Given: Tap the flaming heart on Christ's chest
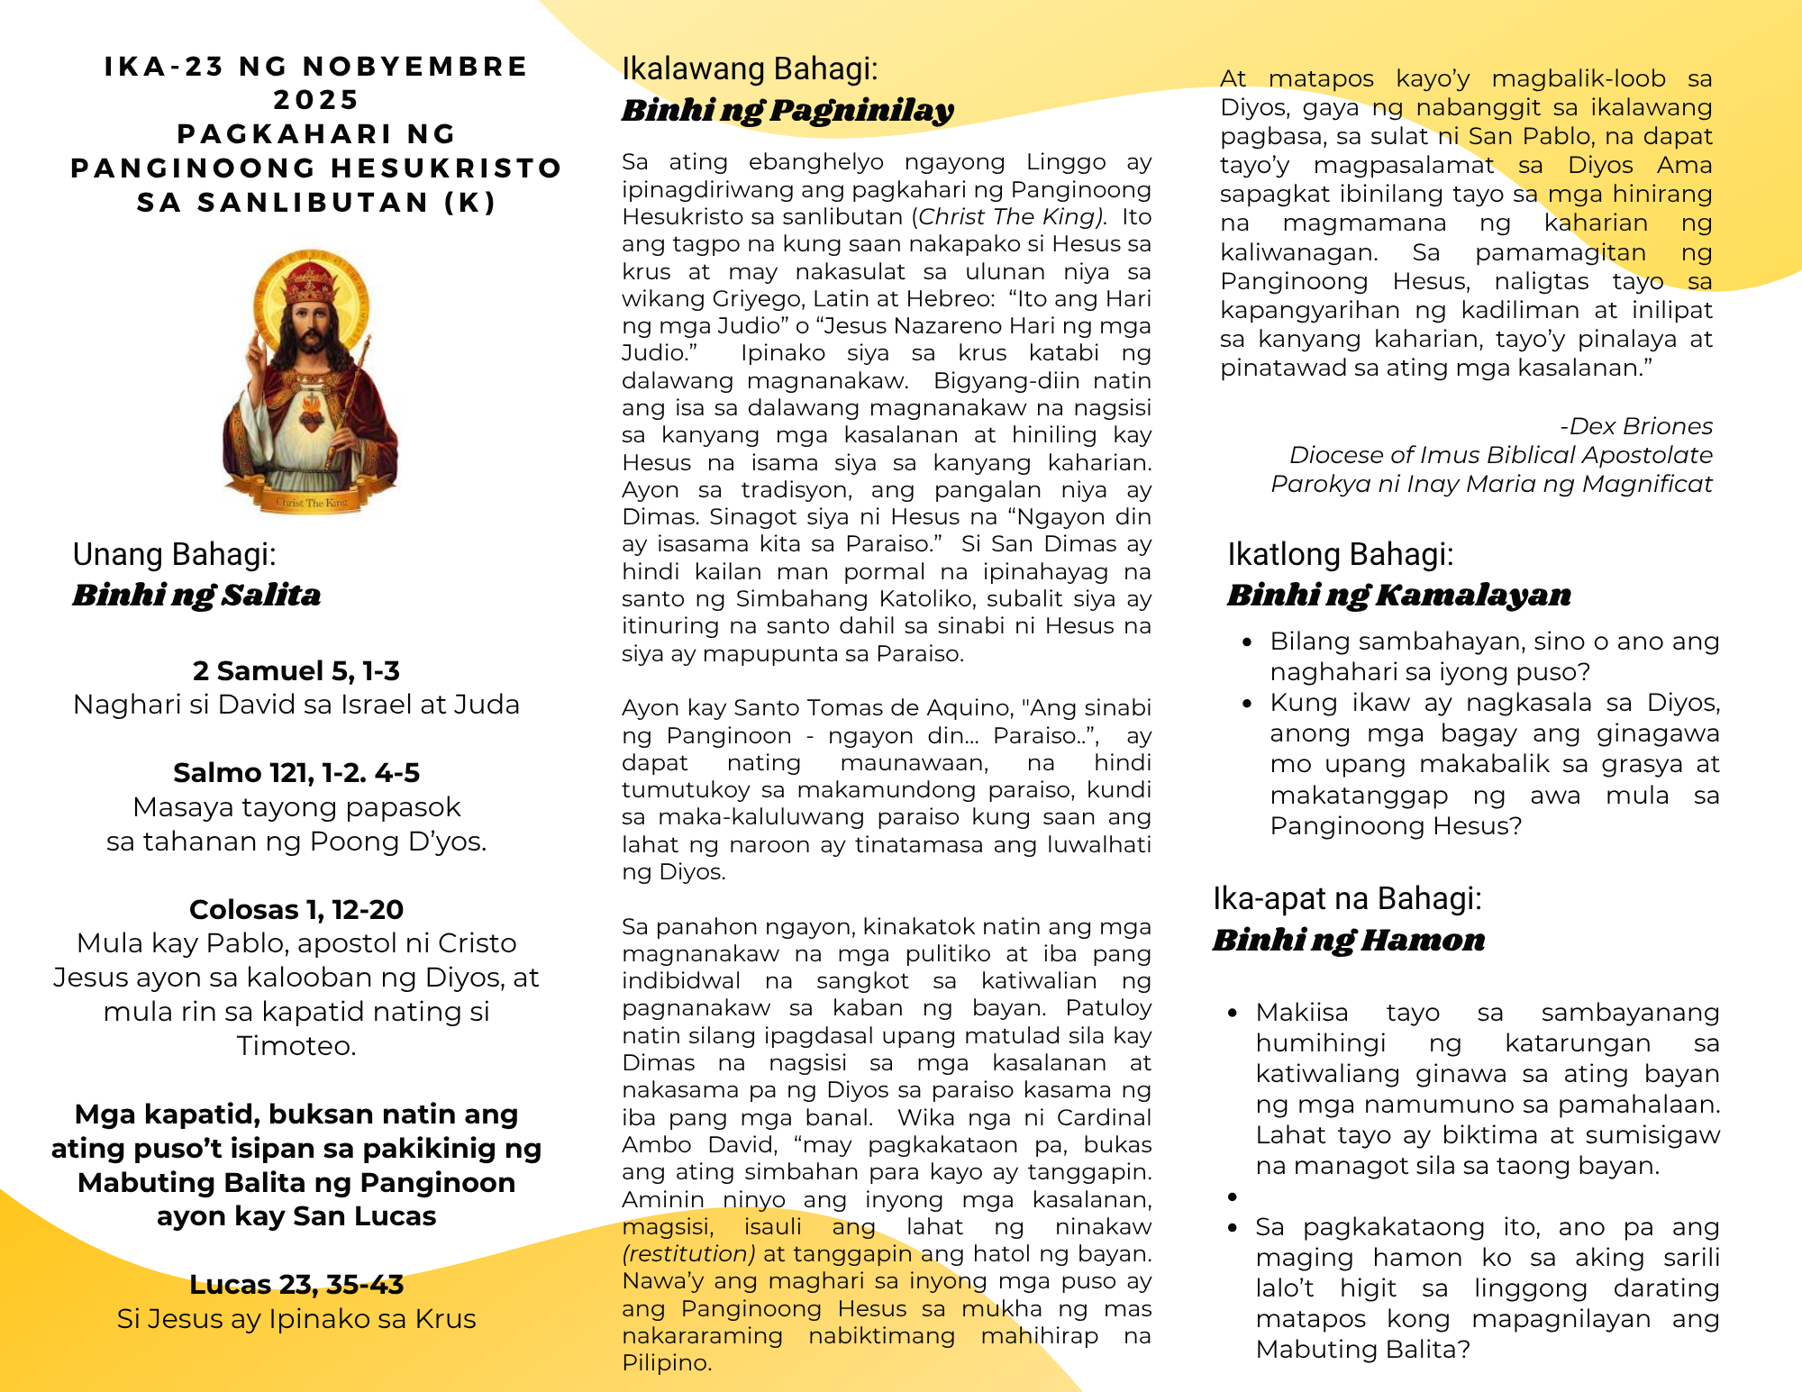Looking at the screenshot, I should (310, 416).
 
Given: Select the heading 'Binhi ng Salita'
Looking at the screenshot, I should (196, 595).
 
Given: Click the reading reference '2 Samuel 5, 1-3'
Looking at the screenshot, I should (296, 670).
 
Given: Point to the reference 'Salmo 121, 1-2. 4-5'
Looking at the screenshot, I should (296, 772).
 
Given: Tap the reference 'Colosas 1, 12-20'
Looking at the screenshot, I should (296, 909).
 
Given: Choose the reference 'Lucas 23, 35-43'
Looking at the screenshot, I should (296, 1284).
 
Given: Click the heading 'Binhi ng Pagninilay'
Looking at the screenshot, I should (787, 110).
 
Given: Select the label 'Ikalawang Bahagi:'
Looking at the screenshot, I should (749, 68).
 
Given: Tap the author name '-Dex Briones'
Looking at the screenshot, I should (1635, 426).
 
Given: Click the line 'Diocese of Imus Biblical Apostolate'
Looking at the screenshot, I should (1500, 455).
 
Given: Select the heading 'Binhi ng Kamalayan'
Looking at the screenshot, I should (1398, 595).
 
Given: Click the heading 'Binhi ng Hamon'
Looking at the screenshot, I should (1348, 940).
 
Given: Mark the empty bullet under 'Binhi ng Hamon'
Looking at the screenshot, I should (1233, 1196).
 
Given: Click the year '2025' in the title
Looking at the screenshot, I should (315, 100).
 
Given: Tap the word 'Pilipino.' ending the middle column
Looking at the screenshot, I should (667, 1362).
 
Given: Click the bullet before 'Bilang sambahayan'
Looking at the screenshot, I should (1247, 642).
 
